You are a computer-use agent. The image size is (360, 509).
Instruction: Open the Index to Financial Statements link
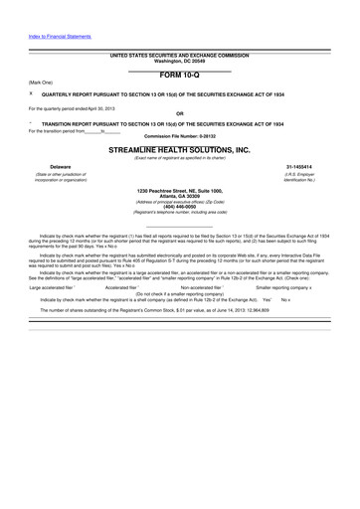pyautogui.click(x=60, y=36)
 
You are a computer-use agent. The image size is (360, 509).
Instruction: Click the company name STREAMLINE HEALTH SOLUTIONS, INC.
pyautogui.click(x=179, y=148)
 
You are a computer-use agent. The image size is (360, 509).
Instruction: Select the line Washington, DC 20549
pyautogui.click(x=179, y=60)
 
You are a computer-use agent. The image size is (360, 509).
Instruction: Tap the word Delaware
pyautogui.click(x=50, y=167)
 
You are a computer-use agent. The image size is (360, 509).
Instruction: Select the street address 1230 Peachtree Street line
pyautogui.click(x=179, y=189)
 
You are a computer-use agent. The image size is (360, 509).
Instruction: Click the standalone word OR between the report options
pyautogui.click(x=179, y=112)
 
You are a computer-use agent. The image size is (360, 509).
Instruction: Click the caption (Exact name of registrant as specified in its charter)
pyautogui.click(x=179, y=157)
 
